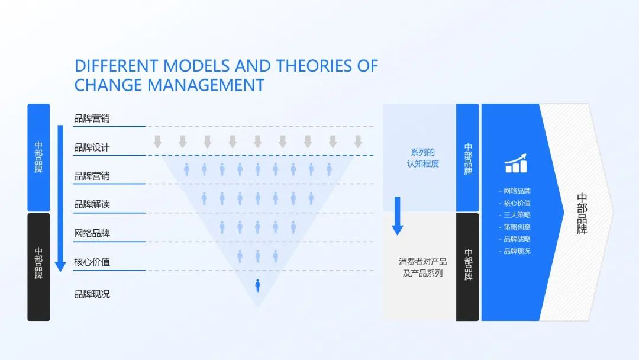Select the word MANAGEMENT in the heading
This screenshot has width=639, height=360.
click(x=206, y=85)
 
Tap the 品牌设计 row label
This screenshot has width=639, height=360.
click(x=92, y=147)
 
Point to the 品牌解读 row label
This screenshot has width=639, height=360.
click(x=92, y=204)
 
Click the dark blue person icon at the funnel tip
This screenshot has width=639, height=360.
click(x=257, y=285)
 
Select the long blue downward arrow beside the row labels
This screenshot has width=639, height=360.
click(x=60, y=198)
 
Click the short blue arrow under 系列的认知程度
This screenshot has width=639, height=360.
click(x=398, y=216)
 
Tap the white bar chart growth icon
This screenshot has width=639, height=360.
click(x=516, y=163)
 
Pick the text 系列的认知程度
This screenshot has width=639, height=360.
click(x=423, y=157)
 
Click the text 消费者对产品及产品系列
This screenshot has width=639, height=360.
click(x=423, y=268)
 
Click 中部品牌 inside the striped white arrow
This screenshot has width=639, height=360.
click(x=582, y=214)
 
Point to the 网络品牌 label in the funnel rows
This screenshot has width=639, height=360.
click(x=92, y=233)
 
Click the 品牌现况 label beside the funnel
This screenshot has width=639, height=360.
click(x=92, y=294)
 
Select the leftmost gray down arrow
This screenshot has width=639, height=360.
click(x=158, y=142)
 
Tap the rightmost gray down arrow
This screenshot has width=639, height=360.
click(x=358, y=142)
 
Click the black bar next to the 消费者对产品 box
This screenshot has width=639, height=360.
click(x=467, y=266)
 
